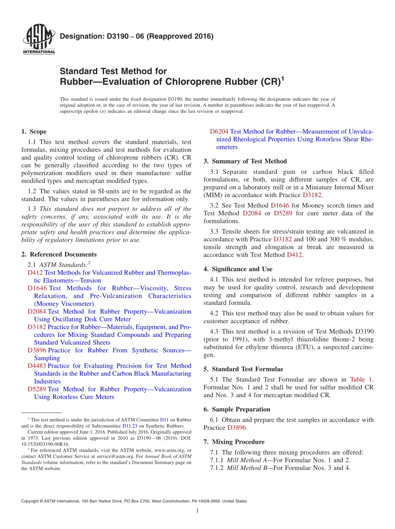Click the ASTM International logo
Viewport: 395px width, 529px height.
click(38, 40)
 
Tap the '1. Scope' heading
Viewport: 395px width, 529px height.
click(34, 131)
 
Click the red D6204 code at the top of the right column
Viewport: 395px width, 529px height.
click(219, 132)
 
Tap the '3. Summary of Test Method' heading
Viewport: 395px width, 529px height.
click(245, 161)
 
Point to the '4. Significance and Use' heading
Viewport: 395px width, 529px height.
click(238, 269)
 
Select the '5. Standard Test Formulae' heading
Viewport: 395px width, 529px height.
click(243, 369)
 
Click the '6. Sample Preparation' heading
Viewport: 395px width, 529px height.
click(237, 409)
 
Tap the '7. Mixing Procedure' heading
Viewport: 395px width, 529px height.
click(234, 442)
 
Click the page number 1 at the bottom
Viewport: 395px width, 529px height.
click(197, 511)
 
